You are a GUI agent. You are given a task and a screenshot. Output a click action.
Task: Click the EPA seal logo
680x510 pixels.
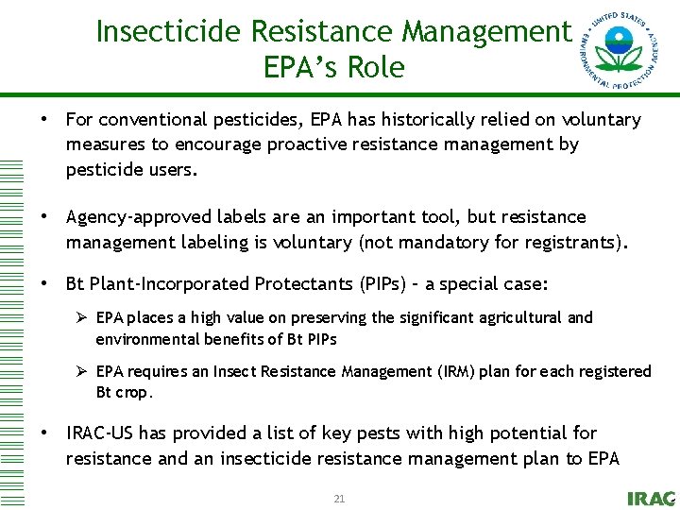[x=620, y=50]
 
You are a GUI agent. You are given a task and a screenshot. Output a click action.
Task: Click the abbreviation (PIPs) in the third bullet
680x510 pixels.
[x=382, y=284]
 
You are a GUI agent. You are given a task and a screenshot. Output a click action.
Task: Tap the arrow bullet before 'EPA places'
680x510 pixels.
[x=82, y=318]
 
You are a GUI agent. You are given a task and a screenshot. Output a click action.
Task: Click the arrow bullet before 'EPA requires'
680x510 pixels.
[x=82, y=371]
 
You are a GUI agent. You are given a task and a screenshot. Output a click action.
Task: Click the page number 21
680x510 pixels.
[x=339, y=498]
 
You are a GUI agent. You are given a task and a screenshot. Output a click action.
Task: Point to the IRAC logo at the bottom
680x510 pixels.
[x=651, y=499]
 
